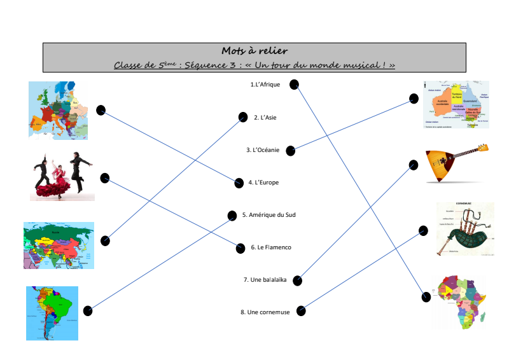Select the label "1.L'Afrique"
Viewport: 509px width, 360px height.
point(265,85)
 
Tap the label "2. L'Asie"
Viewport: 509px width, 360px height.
point(265,117)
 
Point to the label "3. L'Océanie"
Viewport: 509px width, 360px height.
point(263,150)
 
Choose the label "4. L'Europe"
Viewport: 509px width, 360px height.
point(263,183)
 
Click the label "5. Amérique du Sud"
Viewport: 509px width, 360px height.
point(268,215)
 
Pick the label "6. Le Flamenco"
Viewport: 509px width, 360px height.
point(270,247)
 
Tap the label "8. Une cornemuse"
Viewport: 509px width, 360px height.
point(266,312)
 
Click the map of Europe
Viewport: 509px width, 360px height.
point(58,109)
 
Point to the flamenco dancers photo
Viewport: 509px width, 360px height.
point(62,176)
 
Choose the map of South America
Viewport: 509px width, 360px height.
point(52,312)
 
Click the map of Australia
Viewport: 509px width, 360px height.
point(456,104)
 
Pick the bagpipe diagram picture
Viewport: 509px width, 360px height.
point(465,229)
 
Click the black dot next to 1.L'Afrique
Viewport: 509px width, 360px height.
point(294,85)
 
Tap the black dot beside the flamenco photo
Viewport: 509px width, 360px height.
point(105,178)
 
